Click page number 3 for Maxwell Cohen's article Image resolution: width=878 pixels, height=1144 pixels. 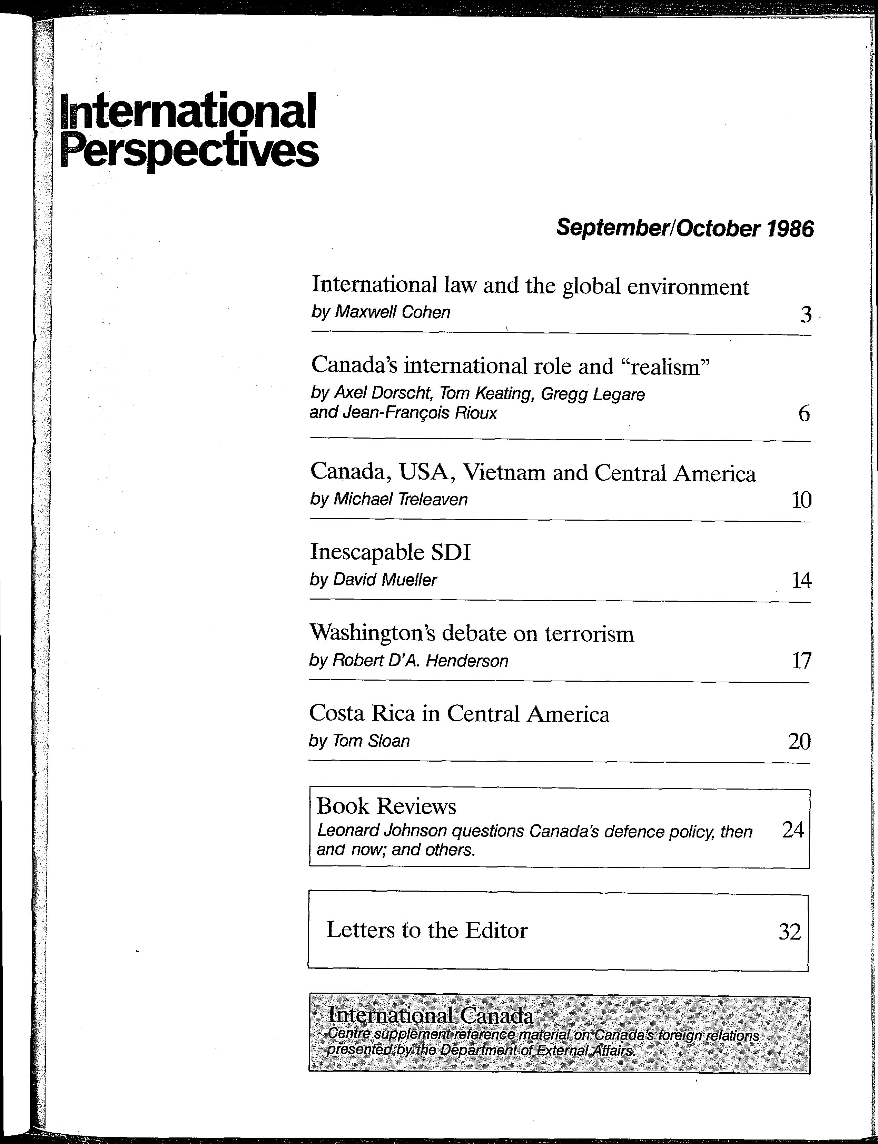(x=806, y=314)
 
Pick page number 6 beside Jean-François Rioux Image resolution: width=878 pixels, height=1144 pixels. (x=804, y=414)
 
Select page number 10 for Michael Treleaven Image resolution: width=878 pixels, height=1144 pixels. (x=801, y=500)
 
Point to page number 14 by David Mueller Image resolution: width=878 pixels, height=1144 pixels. (x=801, y=580)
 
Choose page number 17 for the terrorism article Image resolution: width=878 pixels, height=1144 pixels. (x=801, y=661)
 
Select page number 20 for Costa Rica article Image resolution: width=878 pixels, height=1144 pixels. (x=799, y=741)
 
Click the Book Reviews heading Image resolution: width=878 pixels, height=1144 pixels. (x=386, y=806)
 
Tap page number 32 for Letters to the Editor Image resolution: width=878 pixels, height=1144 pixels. (x=789, y=931)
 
